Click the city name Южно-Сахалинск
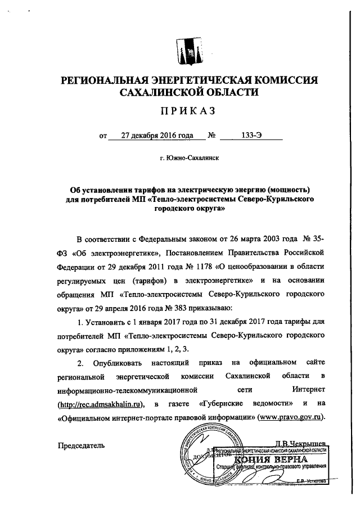coord(189,159)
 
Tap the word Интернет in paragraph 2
coord(306,389)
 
